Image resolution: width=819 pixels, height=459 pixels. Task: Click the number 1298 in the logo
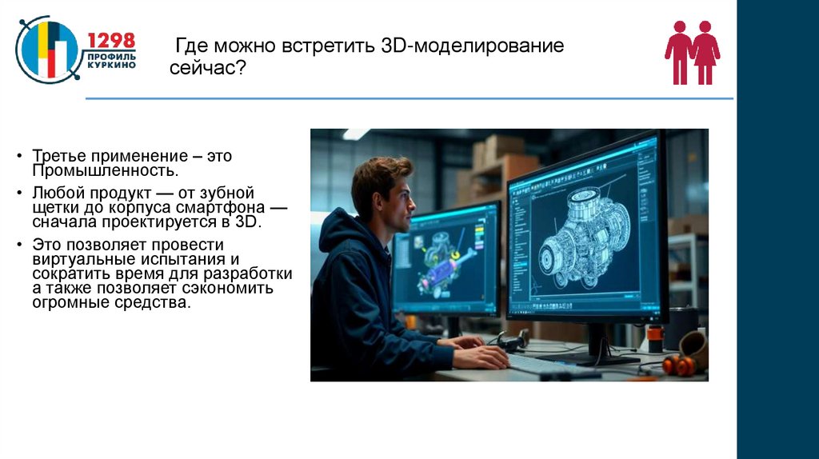pyautogui.click(x=111, y=41)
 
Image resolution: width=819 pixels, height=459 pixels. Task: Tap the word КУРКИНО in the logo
pyautogui.click(x=111, y=65)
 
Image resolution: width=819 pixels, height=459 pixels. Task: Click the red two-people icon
pyautogui.click(x=692, y=53)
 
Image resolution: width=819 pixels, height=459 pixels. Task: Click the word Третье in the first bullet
pyautogui.click(x=57, y=156)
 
